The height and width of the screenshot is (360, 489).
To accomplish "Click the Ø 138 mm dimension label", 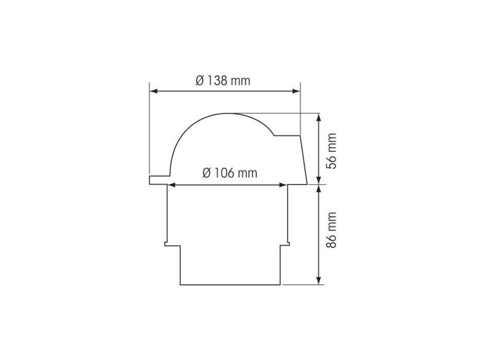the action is tap(223, 81).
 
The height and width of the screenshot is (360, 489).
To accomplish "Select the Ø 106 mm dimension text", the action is tap(230, 173).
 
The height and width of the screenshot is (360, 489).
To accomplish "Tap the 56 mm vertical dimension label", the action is tap(331, 151).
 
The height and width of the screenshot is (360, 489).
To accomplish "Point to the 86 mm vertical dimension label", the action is tap(331, 230).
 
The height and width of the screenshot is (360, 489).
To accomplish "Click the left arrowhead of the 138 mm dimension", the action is tap(153, 91).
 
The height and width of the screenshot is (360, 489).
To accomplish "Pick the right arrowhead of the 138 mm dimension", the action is tap(296, 91).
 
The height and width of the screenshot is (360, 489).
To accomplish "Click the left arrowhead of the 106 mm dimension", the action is tap(172, 185).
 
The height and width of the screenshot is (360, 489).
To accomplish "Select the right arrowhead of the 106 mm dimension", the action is tap(283, 185).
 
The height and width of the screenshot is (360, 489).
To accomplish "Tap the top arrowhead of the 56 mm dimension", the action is tap(319, 117).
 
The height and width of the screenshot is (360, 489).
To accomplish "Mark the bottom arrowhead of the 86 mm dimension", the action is tap(319, 280).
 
